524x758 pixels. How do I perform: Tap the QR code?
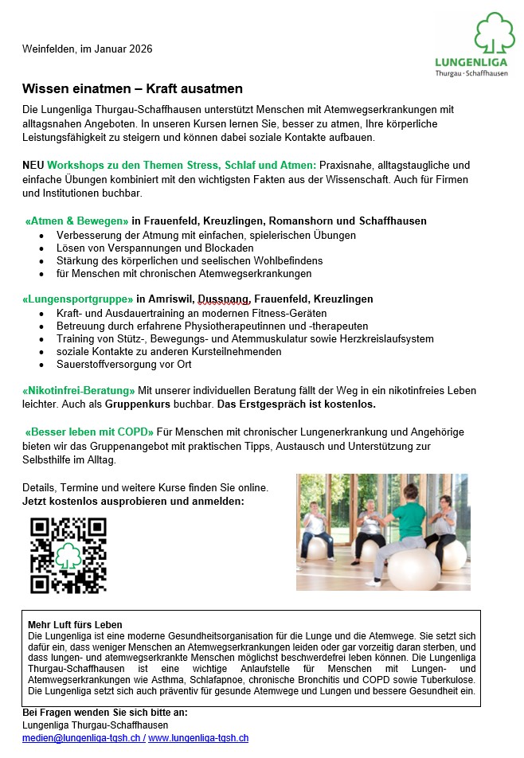click(x=68, y=555)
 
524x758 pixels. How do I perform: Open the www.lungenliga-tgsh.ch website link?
click(x=198, y=738)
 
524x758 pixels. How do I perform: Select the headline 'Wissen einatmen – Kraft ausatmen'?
click(x=132, y=88)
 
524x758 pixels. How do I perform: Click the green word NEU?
click(x=33, y=165)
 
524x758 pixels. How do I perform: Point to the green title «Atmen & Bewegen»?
click(x=77, y=221)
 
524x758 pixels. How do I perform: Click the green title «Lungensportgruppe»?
click(x=77, y=299)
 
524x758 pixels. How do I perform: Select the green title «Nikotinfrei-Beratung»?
click(x=79, y=390)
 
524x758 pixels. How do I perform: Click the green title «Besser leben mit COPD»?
click(x=89, y=432)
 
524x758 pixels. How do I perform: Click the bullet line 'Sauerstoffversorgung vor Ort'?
click(x=123, y=364)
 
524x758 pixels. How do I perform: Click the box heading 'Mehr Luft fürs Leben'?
click(x=75, y=624)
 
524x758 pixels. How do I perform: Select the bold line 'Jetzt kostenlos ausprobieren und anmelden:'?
click(x=133, y=502)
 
